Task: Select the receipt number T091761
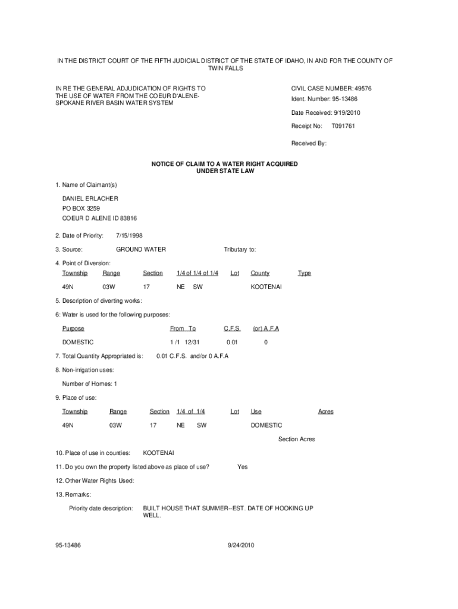click(343, 126)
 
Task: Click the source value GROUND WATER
click(141, 249)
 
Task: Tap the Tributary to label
click(240, 249)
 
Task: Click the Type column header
click(304, 273)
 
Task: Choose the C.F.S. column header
click(232, 328)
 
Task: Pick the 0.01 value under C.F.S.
click(232, 343)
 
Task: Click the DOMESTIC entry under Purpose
click(78, 343)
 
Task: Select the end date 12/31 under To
click(192, 343)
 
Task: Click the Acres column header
click(326, 412)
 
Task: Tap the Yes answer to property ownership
click(242, 467)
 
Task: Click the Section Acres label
click(296, 439)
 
